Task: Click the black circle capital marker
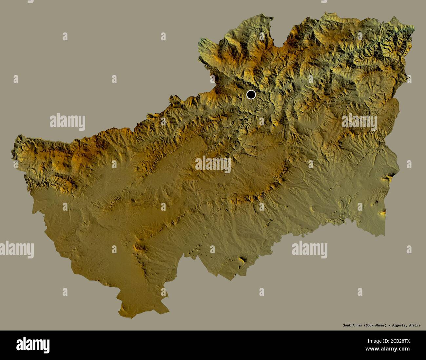(251, 95)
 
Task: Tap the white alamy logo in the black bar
(33, 345)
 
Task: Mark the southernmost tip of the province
(123, 317)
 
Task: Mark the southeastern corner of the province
(385, 235)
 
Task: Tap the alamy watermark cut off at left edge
(16, 249)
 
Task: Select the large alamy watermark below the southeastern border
(310, 249)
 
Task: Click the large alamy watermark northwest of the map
(68, 122)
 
